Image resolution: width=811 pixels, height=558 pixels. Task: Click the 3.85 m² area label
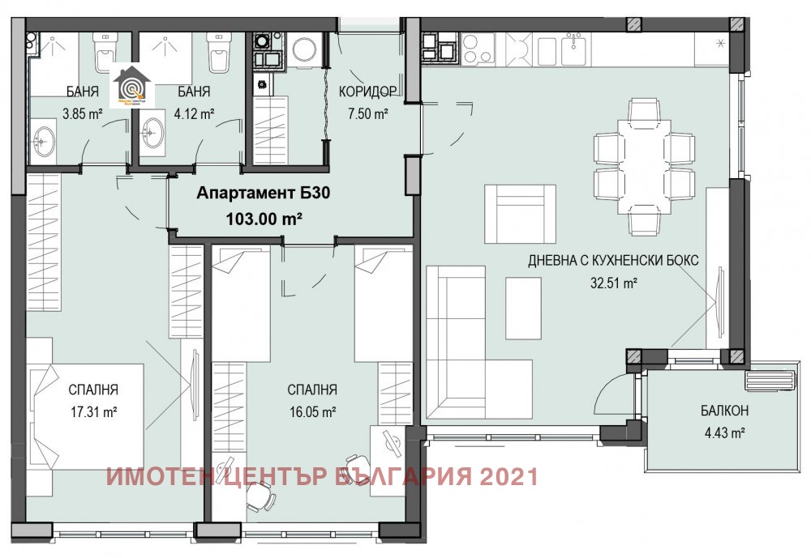84,115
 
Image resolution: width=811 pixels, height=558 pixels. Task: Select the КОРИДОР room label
367,91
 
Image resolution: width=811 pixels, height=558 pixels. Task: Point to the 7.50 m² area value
368,114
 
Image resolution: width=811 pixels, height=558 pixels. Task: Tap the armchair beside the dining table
520,213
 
